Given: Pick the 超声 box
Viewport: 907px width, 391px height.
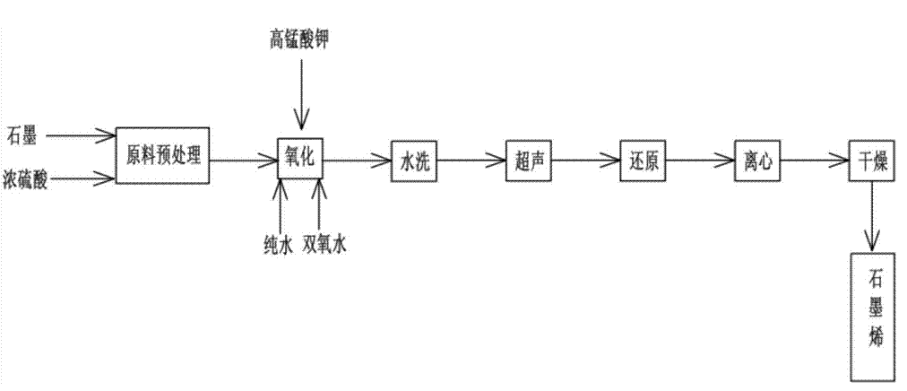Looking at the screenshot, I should click(526, 161).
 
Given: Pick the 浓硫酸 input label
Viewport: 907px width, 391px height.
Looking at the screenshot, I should click(27, 179).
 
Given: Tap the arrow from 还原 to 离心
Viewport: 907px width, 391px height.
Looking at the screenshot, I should click(698, 161).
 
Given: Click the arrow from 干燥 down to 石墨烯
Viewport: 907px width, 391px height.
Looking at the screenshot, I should click(870, 215).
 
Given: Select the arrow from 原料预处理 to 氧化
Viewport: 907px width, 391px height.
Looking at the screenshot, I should click(243, 161).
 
